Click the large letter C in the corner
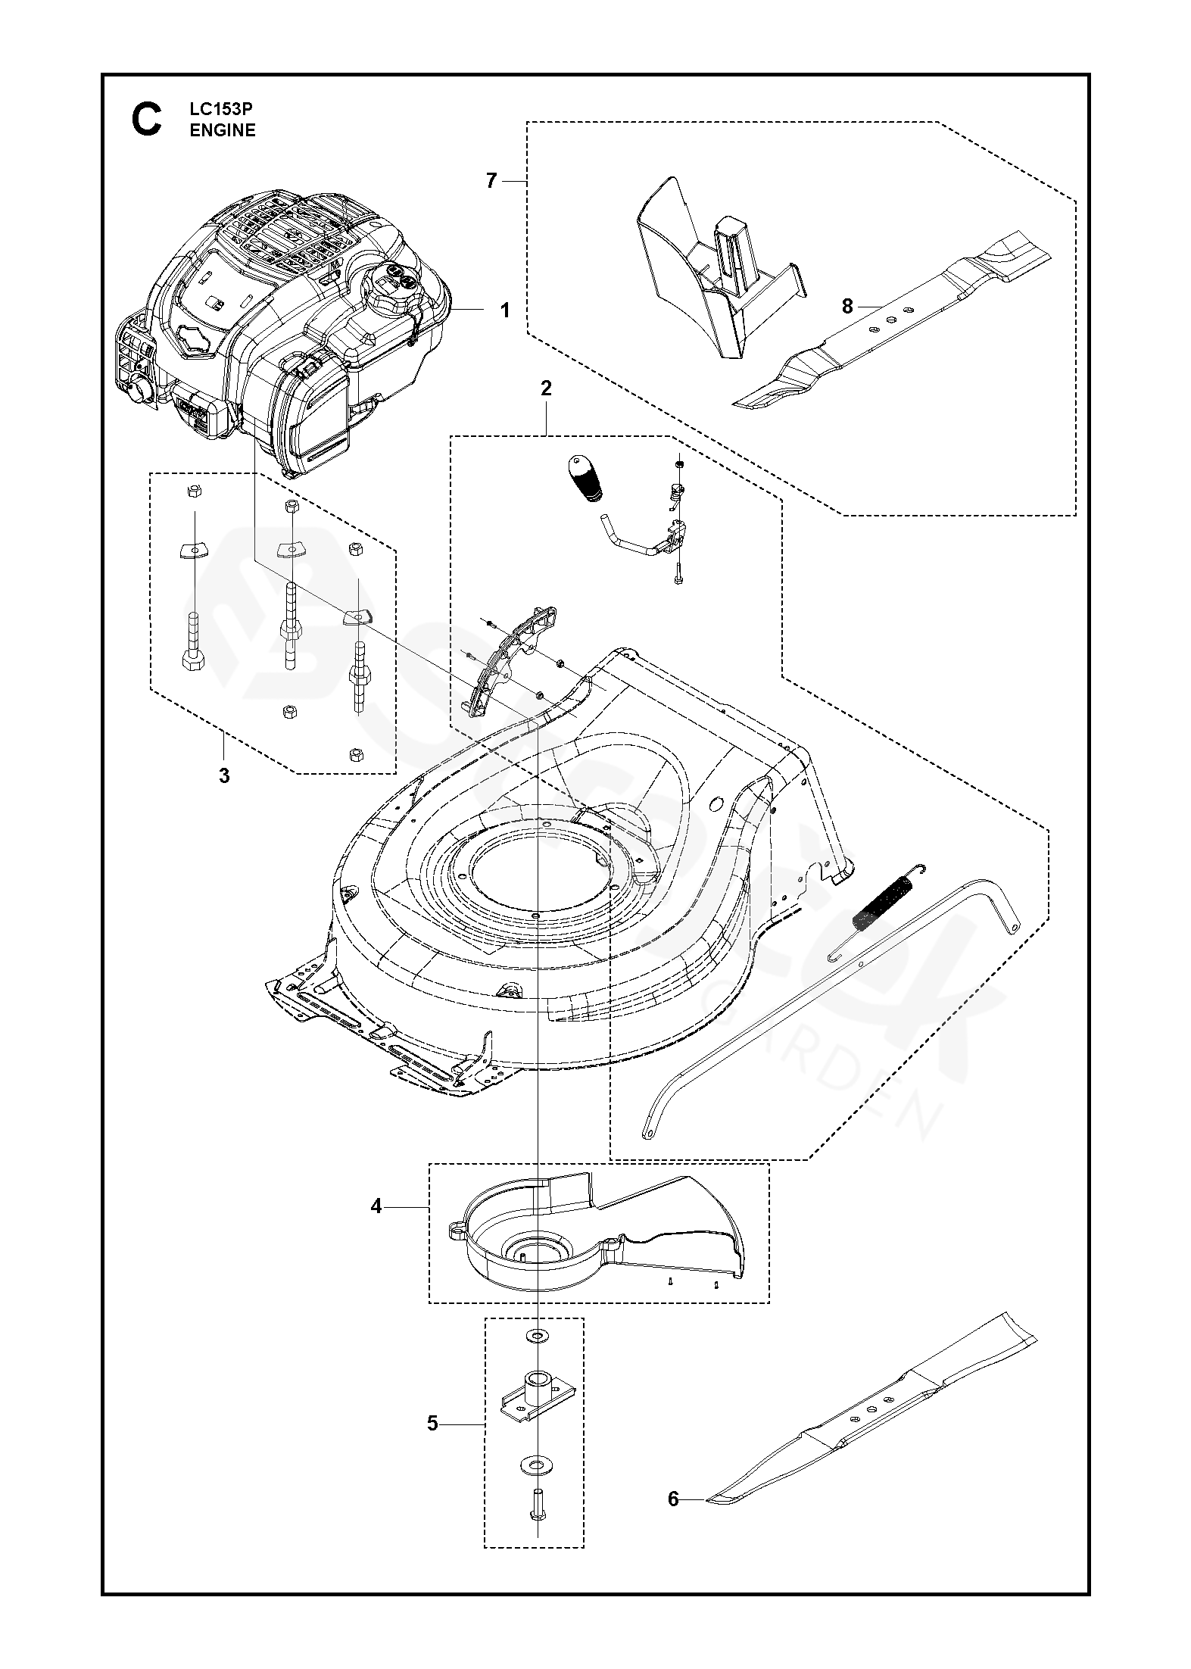coord(146,120)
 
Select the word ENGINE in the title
coord(223,130)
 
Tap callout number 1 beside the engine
coord(505,310)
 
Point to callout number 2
coord(546,388)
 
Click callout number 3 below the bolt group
coord(224,775)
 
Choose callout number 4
coord(376,1206)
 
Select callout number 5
coord(432,1424)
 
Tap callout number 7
coord(491,181)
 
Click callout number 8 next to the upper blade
coord(847,306)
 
